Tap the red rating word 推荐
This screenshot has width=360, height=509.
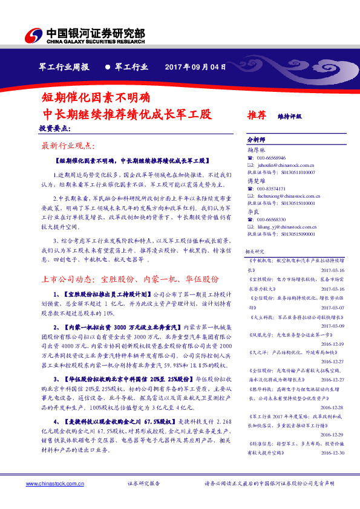pos(257,115)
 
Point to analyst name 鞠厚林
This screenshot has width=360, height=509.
pos(257,149)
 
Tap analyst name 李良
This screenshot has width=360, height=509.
pos(254,211)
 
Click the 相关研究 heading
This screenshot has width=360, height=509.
pos(254,250)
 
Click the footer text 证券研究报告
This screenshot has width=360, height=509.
pos(144,484)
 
